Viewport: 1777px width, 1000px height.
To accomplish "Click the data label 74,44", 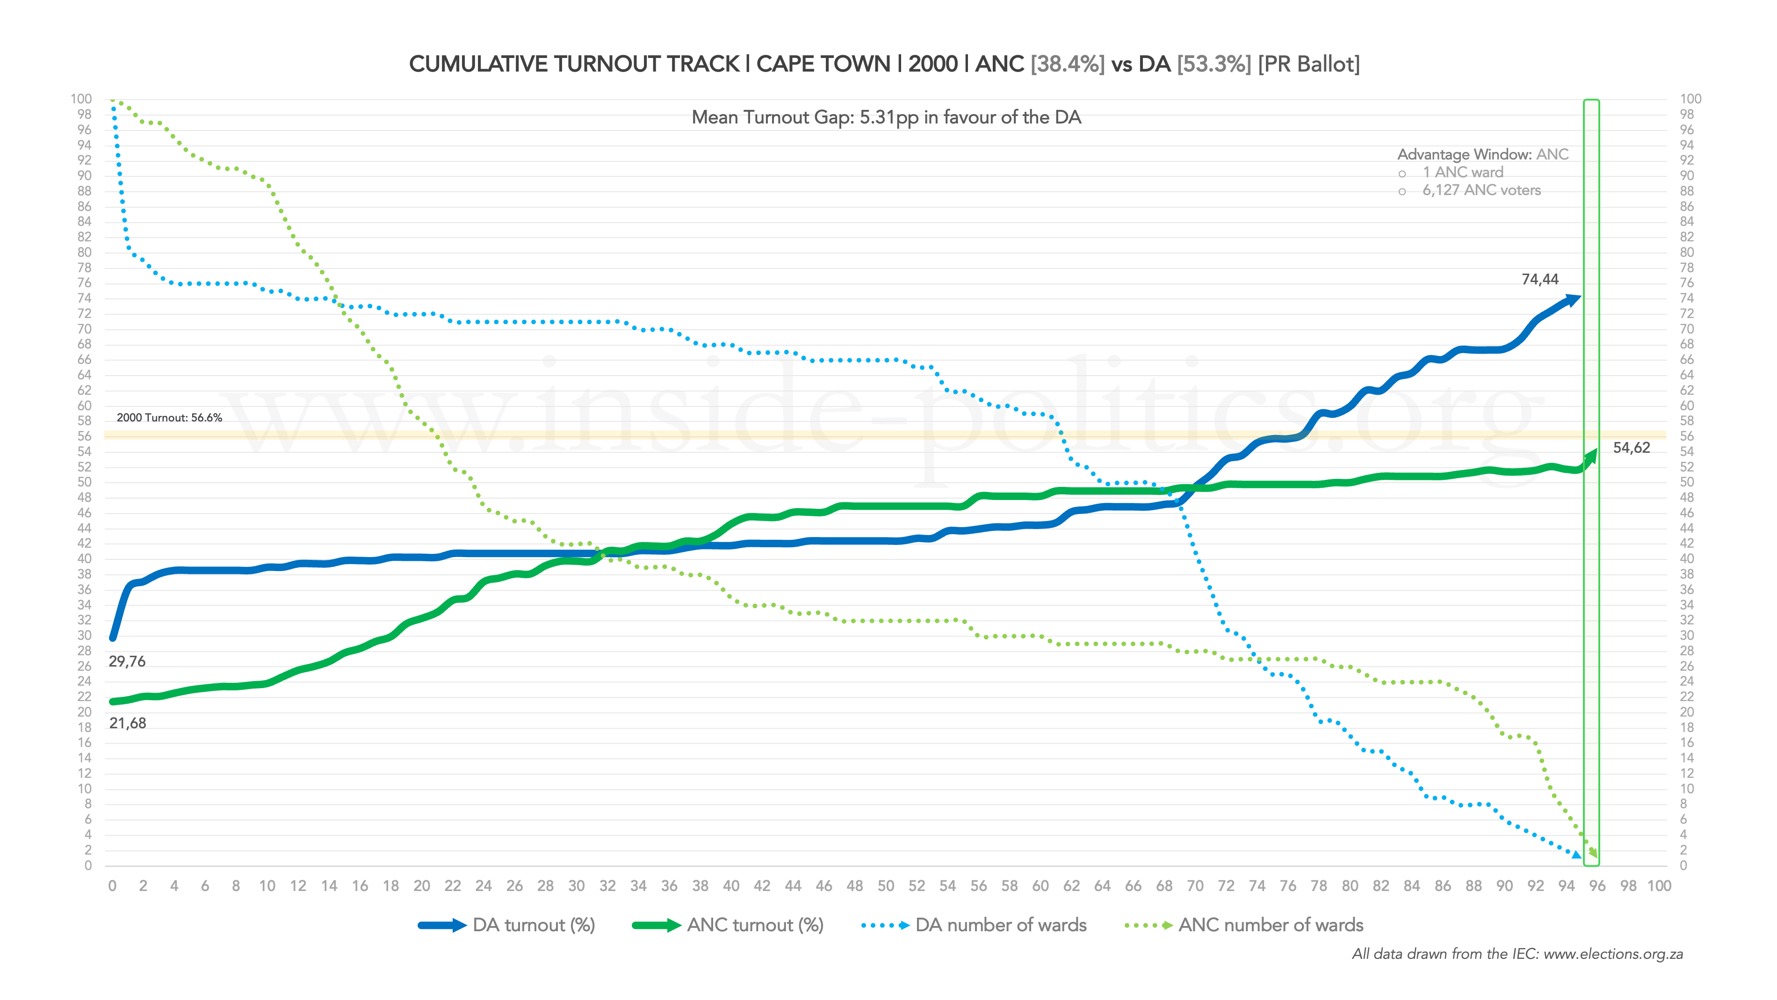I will click(1540, 280).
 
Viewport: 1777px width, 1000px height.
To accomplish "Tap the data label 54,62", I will click(1632, 448).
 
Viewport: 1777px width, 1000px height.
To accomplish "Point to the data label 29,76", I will click(127, 662).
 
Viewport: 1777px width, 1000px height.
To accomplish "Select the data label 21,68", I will click(128, 723).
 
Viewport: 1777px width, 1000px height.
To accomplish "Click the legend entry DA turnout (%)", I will click(533, 926).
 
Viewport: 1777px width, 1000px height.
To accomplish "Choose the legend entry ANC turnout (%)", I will click(755, 926).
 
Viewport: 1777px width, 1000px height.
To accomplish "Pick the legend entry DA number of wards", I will click(1000, 926).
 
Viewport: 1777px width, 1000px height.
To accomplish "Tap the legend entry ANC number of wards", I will click(1271, 926).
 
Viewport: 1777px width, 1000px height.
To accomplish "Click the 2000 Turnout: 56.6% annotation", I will click(169, 418).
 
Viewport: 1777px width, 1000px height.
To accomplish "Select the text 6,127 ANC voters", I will click(1481, 190).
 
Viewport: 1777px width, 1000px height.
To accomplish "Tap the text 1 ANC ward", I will click(1462, 173).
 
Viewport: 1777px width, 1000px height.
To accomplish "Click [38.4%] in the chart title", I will click(1067, 64).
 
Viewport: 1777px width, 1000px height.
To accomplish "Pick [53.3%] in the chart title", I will click(1214, 64).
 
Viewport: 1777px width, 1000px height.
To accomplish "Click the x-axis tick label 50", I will click(886, 886).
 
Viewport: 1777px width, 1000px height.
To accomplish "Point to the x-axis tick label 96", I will click(1597, 886).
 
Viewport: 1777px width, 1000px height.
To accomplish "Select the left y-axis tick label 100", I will click(81, 99).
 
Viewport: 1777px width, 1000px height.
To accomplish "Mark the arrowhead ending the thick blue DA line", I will click(1574, 299).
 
